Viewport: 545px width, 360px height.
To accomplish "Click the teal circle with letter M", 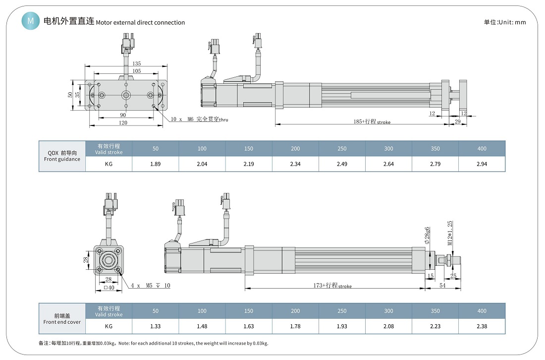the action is click(31, 21).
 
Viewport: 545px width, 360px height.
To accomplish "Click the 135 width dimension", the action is click(137, 63).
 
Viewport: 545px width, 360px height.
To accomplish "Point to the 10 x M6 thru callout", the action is click(199, 119).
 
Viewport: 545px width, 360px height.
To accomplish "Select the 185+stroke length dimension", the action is click(372, 121).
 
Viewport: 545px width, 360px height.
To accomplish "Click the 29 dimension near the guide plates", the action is click(458, 121).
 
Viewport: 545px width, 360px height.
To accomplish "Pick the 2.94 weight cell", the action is click(482, 164).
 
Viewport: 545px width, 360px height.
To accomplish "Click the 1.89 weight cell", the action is click(156, 164).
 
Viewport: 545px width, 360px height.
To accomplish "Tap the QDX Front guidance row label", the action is click(62, 156).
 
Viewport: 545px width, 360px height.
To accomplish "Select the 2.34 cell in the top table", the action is click(295, 164).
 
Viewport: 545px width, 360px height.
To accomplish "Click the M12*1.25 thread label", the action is click(450, 233).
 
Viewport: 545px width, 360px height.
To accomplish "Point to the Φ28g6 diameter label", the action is click(427, 235).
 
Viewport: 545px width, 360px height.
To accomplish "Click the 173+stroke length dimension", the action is click(332, 286).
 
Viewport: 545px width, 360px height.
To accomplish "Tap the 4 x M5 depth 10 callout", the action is click(151, 286).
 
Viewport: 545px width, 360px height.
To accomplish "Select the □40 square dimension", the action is click(109, 287).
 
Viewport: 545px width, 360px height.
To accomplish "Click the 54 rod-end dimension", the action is click(442, 285).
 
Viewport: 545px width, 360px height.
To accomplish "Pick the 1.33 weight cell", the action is click(156, 326).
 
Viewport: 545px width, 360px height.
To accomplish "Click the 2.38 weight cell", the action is click(482, 326).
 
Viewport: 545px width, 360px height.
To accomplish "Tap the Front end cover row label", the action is click(62, 319).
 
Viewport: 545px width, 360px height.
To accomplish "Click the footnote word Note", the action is click(124, 343).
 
